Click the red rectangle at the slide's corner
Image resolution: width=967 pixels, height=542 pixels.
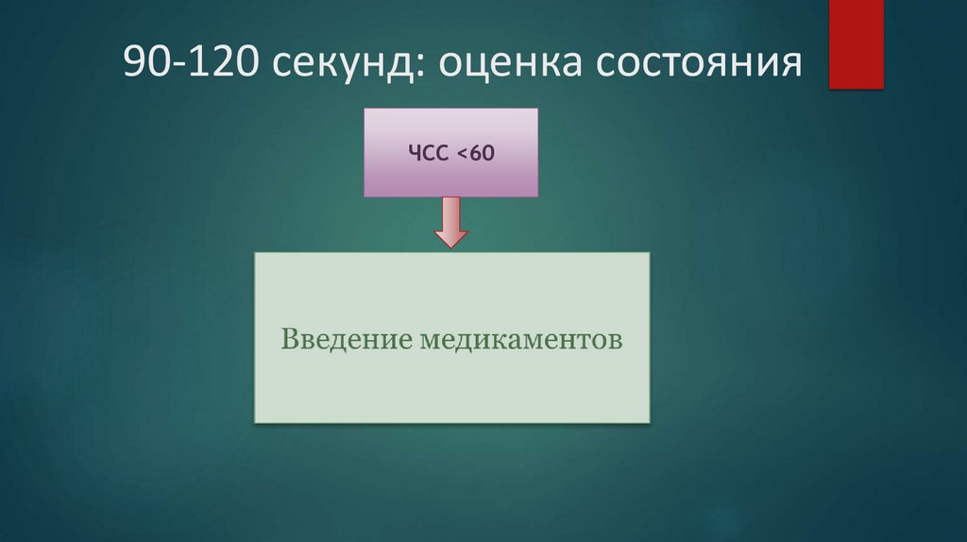(x=856, y=43)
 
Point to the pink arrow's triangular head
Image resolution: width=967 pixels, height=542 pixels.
(x=450, y=238)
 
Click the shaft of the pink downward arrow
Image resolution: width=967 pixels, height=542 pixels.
(x=450, y=212)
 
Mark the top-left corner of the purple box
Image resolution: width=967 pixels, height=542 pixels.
(x=365, y=110)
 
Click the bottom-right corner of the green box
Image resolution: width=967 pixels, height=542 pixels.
(x=649, y=421)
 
